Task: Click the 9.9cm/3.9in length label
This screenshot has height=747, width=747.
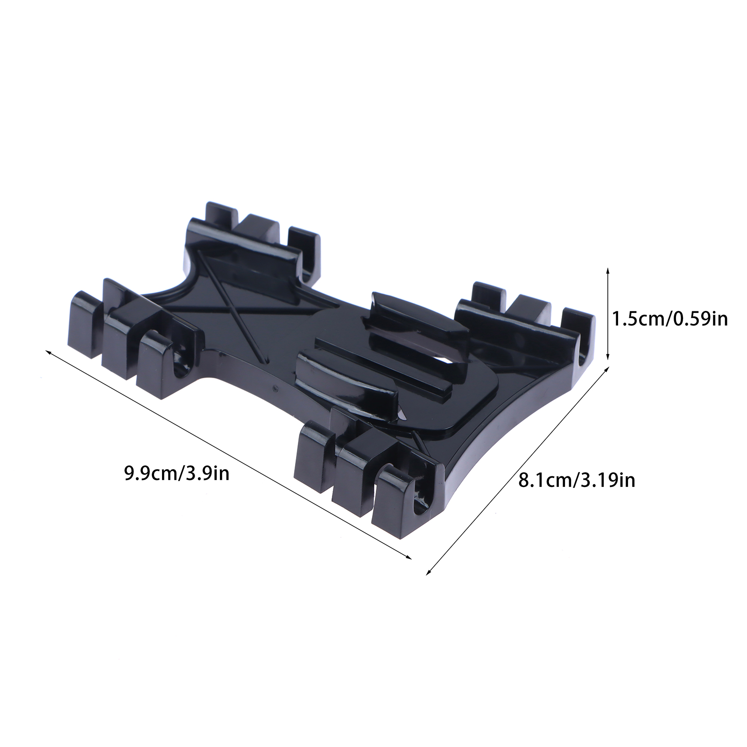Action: [176, 474]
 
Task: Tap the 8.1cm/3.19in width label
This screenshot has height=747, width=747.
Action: [577, 479]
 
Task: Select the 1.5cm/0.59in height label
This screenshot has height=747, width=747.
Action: [670, 319]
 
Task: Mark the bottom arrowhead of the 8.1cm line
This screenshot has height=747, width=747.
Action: [429, 571]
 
